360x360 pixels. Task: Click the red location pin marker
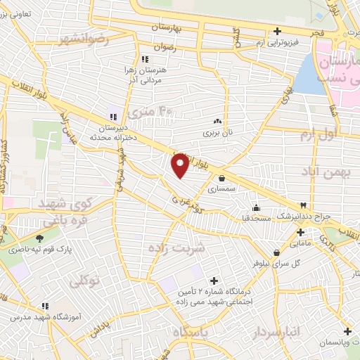coord(180,165)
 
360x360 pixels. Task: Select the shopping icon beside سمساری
coord(223,179)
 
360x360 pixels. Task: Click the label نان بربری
coord(217,131)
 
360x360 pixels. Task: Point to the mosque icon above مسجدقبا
coord(255,207)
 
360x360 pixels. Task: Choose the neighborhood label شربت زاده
coord(176,247)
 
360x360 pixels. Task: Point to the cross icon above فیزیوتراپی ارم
coord(277,32)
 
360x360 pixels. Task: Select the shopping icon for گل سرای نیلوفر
coord(275,253)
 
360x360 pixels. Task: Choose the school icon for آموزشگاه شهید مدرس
coord(44,307)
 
